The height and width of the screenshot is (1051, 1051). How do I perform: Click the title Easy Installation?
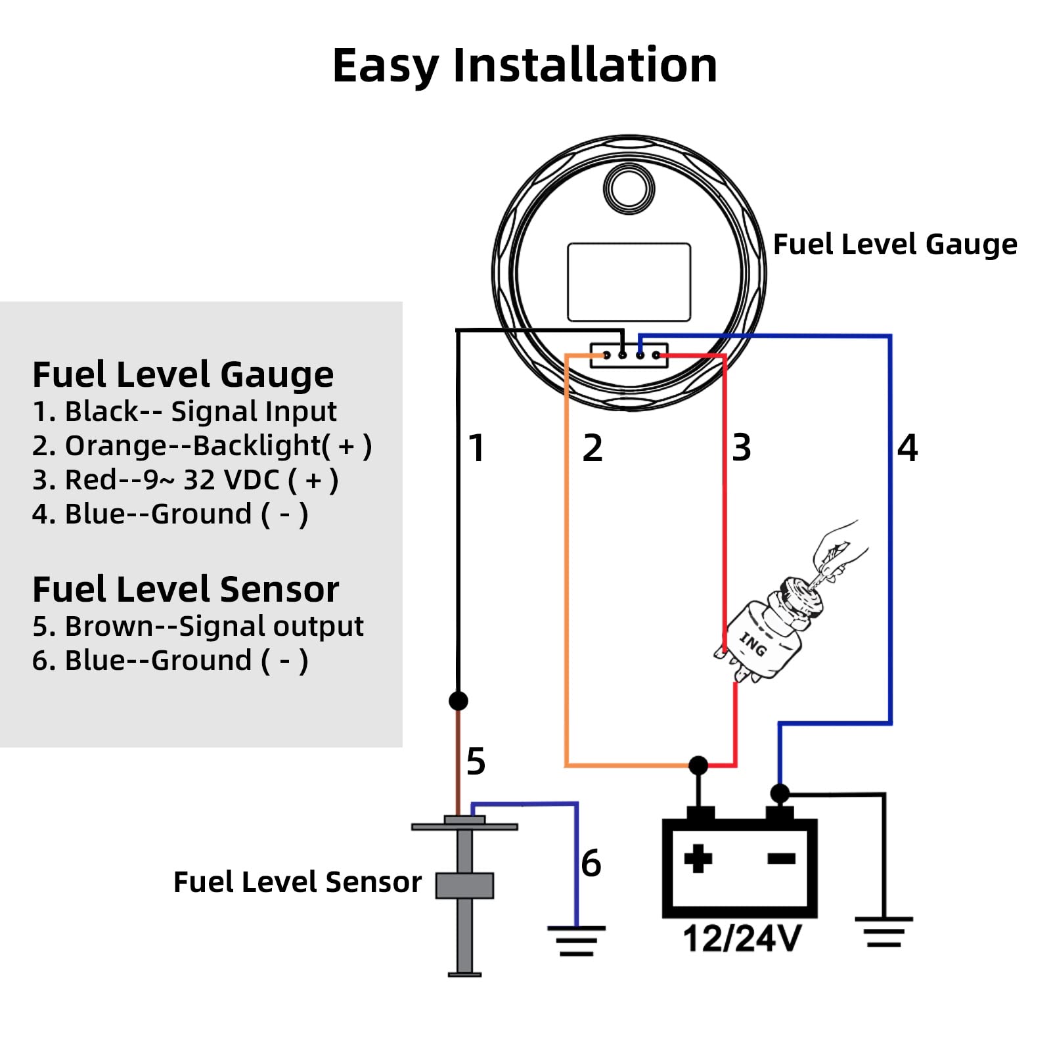524,66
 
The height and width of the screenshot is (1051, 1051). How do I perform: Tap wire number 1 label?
477,449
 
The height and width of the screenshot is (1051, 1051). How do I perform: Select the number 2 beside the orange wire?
592,449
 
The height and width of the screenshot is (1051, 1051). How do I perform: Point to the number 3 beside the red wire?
742,448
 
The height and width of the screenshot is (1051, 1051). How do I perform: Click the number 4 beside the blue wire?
907,448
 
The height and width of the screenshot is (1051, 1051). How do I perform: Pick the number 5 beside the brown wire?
476,762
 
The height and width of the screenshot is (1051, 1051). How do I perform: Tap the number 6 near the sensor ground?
591,863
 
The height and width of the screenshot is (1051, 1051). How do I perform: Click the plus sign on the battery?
698,858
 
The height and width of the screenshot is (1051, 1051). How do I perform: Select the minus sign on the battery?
781,858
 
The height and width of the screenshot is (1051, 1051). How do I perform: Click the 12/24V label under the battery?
742,938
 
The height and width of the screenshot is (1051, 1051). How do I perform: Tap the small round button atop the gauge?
629,188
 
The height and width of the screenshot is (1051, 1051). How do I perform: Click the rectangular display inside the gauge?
629,282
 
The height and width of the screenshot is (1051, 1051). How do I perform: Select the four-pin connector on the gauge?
629,355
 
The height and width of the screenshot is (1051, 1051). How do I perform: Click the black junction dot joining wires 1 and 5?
458,701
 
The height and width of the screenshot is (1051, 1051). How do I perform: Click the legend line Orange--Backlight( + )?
202,446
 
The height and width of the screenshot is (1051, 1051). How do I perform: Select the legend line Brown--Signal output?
198,626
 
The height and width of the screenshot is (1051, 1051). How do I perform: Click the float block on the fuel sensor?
464,885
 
